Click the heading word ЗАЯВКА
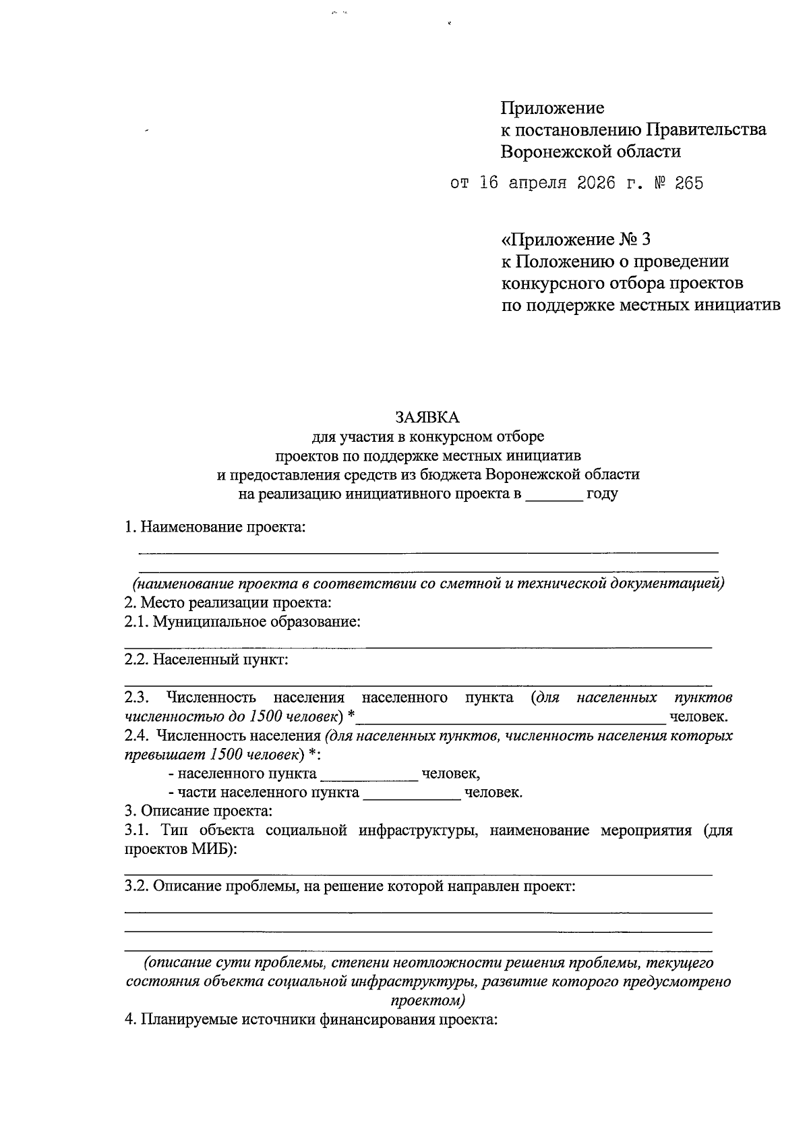click(x=427, y=416)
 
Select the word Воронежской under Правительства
click(x=554, y=151)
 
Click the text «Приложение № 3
click(x=576, y=239)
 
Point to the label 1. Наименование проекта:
click(x=215, y=527)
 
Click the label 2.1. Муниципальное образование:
click(x=242, y=621)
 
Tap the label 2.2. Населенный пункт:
click(x=206, y=659)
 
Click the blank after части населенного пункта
click(x=411, y=793)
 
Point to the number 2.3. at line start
click(x=137, y=697)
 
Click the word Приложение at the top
click(x=552, y=108)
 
